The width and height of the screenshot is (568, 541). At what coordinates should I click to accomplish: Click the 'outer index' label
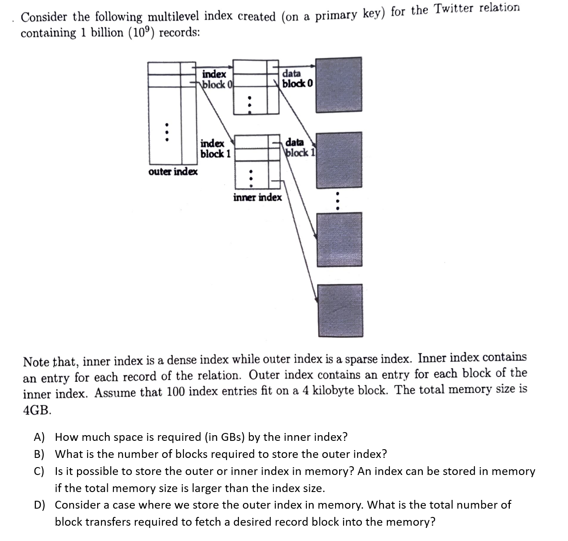[173, 171]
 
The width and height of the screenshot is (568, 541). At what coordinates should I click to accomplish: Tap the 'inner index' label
[257, 197]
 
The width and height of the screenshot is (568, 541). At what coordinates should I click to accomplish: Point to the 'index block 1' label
[215, 149]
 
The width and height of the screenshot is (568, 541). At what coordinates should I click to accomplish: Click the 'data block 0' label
[297, 78]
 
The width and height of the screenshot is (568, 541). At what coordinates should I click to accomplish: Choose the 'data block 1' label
[300, 147]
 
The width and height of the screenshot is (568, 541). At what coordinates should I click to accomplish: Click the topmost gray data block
[339, 85]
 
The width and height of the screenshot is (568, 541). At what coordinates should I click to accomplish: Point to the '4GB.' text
[37, 410]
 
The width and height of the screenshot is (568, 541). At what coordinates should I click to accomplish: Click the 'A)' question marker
[40, 437]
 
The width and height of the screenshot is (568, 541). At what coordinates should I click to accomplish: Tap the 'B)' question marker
[40, 454]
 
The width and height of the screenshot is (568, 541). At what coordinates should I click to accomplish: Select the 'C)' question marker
[40, 471]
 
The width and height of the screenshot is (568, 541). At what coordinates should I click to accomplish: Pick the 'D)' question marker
[40, 505]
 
